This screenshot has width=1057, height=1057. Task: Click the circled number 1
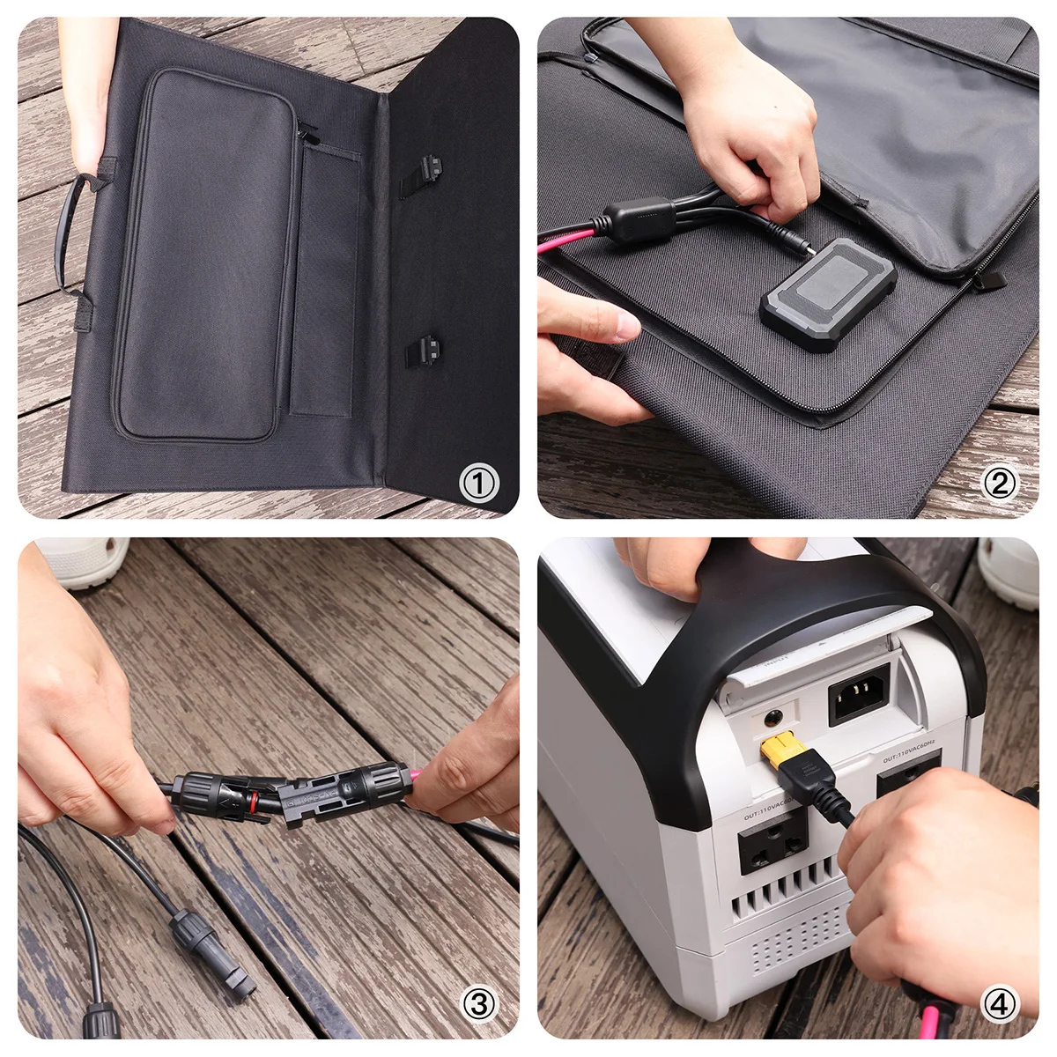[478, 483]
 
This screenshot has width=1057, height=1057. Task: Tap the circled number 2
[999, 483]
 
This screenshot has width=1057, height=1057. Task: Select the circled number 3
[478, 1003]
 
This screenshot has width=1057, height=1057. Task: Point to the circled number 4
[999, 1003]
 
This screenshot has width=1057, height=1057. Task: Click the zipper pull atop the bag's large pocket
[307, 133]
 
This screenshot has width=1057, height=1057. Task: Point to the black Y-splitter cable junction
[639, 219]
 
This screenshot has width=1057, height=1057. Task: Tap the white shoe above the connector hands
[84, 561]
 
